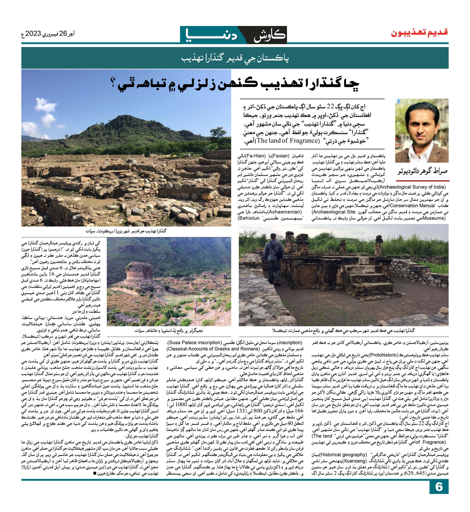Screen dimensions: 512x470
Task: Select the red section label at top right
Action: click(419, 33)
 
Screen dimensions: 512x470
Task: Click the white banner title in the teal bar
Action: click(235, 59)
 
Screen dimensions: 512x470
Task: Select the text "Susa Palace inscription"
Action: click(194, 342)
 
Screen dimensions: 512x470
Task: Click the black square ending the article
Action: click(95, 473)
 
